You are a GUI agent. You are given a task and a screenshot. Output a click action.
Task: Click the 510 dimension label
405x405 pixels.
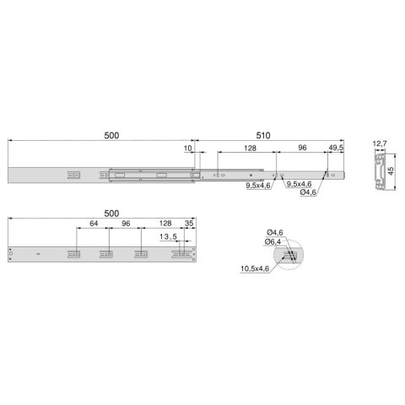tap(263, 136)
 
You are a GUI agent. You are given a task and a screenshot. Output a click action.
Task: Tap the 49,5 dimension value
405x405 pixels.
tap(336, 148)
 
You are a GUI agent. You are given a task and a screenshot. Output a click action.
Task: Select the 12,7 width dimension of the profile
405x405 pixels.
tap(380, 143)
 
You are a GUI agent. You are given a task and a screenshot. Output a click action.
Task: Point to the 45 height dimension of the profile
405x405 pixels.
tap(391, 170)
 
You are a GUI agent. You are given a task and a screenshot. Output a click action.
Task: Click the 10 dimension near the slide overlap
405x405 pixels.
tap(187, 148)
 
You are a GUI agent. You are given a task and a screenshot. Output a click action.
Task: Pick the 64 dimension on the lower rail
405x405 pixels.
tap(94, 224)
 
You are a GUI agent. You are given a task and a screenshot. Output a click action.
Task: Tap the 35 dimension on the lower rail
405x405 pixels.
tap(189, 224)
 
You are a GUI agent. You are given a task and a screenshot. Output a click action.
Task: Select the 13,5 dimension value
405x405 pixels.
tap(168, 237)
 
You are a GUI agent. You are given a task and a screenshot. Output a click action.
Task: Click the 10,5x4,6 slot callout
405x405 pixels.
tap(255, 269)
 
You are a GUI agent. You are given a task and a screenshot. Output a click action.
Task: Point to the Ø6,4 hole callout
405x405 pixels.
tap(273, 242)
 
